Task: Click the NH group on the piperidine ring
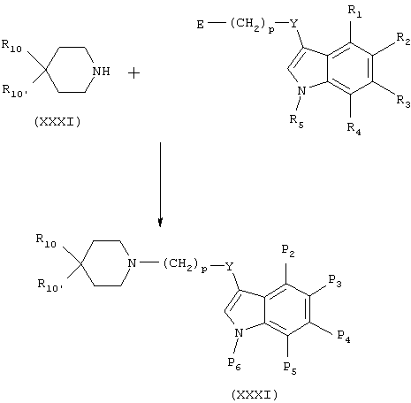pos(101,72)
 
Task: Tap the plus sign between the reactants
pos(134,73)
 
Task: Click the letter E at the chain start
pos(201,25)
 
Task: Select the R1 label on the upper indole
pos(354,11)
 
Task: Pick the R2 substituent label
pos(403,39)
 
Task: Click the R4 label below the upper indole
pos(354,129)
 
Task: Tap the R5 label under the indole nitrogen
pos(296,121)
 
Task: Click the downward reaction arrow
pos(160,185)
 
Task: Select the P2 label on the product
pos(288,251)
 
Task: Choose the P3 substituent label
pos(335,281)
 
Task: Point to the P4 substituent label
pos(344,337)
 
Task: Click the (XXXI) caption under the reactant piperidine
pos(57,122)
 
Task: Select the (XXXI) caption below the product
pos(255,394)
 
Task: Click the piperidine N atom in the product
pos(133,262)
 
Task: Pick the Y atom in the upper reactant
pos(293,23)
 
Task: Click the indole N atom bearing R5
pos(301,91)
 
